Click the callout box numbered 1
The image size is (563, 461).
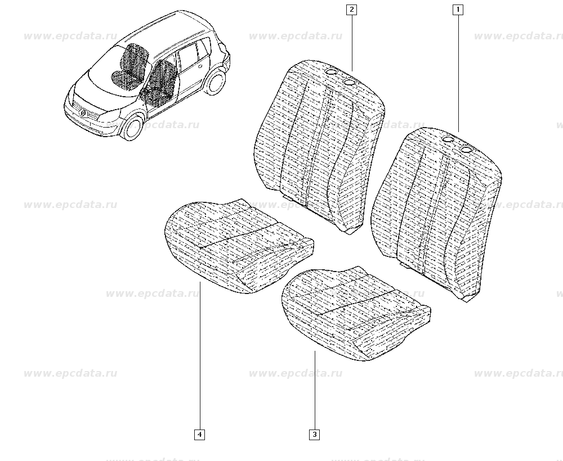pyautogui.click(x=458, y=10)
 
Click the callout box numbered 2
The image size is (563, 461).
pyautogui.click(x=351, y=10)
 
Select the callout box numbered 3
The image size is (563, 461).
pyautogui.click(x=314, y=435)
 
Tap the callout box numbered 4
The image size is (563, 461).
pyautogui.click(x=200, y=435)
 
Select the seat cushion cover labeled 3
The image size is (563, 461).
pyautogui.click(x=355, y=314)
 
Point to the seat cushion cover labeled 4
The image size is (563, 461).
pyautogui.click(x=239, y=247)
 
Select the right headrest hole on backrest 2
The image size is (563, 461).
pyautogui.click(x=349, y=82)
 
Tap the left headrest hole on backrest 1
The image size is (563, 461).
pyautogui.click(x=449, y=139)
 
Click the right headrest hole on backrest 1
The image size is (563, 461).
pyautogui.click(x=466, y=149)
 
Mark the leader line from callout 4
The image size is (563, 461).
pyautogui.click(x=200, y=356)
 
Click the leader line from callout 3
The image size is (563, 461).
pyautogui.click(x=315, y=390)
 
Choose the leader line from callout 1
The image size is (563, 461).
pyautogui.click(x=458, y=74)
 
